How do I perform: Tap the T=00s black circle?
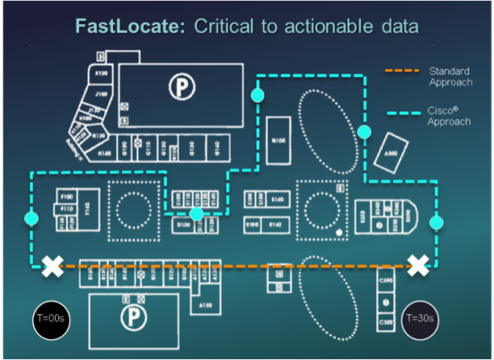point(49,319)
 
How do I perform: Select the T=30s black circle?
point(419,319)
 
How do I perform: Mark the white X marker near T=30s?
point(419,265)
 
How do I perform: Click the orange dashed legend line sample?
point(401,70)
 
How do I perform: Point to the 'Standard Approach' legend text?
point(450,76)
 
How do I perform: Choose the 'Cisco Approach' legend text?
point(449,116)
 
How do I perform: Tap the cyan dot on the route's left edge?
point(31,217)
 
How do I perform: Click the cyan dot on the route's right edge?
point(437,222)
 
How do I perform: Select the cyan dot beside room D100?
point(197,214)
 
